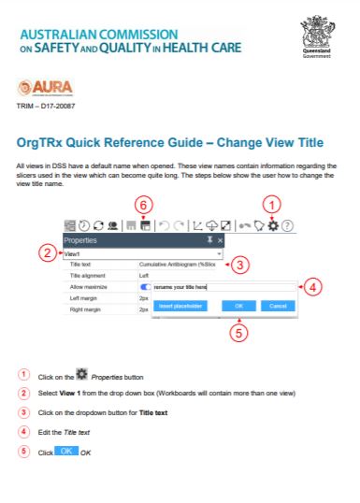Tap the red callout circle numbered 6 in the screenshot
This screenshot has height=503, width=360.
tap(143, 206)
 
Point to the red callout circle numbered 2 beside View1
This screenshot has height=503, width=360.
tap(48, 252)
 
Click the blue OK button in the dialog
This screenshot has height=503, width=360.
tap(238, 306)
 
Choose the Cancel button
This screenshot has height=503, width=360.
tap(277, 306)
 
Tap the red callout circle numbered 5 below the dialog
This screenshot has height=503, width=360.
tap(238, 333)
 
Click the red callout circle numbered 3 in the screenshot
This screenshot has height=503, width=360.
tap(238, 266)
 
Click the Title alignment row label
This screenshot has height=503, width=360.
tap(87, 276)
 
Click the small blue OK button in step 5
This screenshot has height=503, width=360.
tap(65, 451)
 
